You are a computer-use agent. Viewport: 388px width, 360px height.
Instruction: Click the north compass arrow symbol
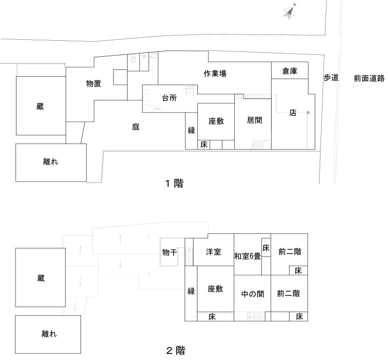tap(291, 13)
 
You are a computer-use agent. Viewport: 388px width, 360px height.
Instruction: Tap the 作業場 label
tap(215, 74)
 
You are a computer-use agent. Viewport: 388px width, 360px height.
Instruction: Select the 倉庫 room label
tap(290, 71)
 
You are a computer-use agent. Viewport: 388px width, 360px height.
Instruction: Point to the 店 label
tap(292, 113)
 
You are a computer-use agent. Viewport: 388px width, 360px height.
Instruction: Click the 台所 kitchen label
tap(169, 97)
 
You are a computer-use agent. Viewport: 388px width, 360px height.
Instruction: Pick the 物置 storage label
tap(94, 83)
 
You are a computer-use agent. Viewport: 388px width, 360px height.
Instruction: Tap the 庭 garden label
tap(136, 127)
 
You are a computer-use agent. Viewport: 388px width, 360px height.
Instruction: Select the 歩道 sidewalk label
tap(331, 78)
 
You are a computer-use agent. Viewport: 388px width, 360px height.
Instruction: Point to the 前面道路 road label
tap(369, 78)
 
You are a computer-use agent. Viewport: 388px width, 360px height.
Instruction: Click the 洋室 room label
tap(213, 252)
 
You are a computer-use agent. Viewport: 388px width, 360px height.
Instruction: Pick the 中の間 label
tap(252, 294)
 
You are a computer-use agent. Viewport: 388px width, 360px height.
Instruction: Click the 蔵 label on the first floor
tap(40, 107)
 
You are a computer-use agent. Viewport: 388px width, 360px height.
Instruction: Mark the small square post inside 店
tap(308, 113)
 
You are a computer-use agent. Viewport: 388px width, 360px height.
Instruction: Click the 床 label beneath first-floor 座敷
tap(204, 145)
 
